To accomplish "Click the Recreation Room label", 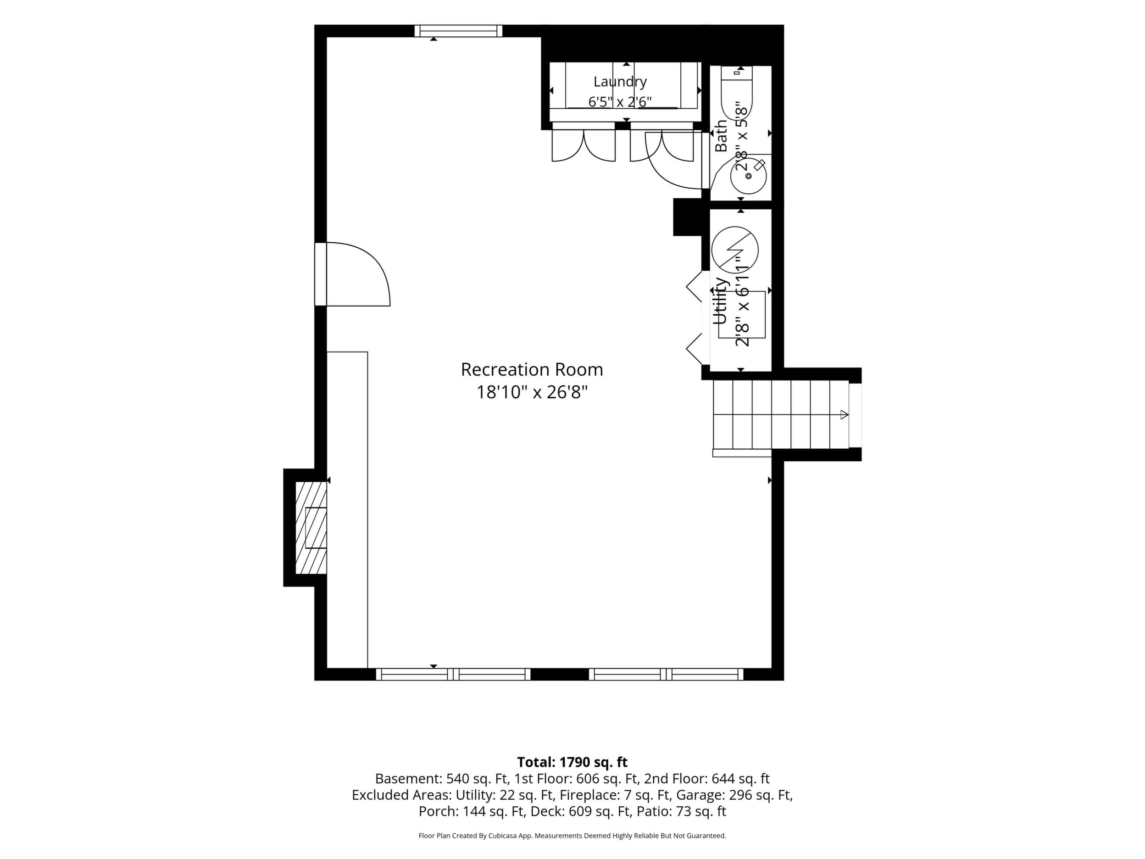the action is click(x=532, y=370).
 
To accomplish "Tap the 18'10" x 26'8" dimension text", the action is click(x=532, y=392).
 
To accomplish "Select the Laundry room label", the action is click(x=620, y=82).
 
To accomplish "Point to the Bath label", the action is click(x=721, y=136).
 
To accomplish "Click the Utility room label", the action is click(x=721, y=301).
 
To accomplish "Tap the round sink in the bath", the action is click(x=749, y=176).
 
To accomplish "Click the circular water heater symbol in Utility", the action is click(x=735, y=250).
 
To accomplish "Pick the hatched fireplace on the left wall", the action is click(x=311, y=528).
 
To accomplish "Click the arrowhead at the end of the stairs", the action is click(x=844, y=415).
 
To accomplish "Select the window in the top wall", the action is click(x=459, y=31).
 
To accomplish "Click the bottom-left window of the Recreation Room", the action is click(x=453, y=674).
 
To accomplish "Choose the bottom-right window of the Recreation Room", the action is click(x=666, y=674).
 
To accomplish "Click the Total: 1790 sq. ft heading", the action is click(x=572, y=762).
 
